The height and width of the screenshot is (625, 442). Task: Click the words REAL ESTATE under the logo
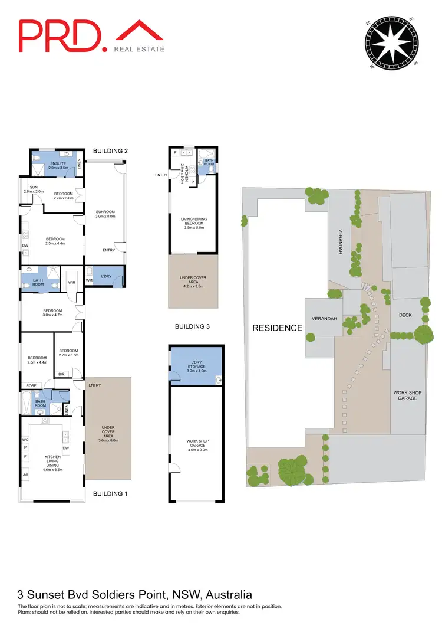click(139, 50)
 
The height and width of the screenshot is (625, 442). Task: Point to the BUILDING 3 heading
click(193, 326)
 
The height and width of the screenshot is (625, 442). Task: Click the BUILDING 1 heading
click(110, 493)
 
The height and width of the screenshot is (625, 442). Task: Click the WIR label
click(71, 283)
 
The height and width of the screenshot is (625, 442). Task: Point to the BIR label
click(61, 374)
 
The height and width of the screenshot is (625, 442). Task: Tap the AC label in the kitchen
click(25, 475)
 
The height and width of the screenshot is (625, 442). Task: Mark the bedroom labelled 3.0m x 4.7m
click(52, 313)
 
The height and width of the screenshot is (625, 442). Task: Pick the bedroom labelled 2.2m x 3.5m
click(68, 353)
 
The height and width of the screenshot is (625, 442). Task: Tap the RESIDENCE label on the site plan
click(277, 328)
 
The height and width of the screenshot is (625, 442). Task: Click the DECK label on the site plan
click(405, 315)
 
